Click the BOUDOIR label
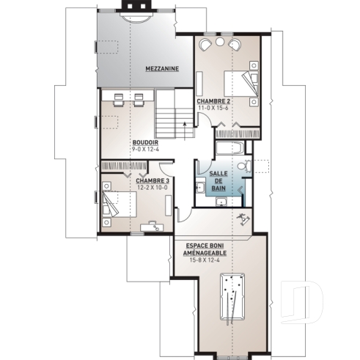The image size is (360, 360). pos(144,142)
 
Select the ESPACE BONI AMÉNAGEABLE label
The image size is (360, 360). pos(205,249)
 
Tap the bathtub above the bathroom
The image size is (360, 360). pos(229,148)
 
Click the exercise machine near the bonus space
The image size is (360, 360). pos(240,219)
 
